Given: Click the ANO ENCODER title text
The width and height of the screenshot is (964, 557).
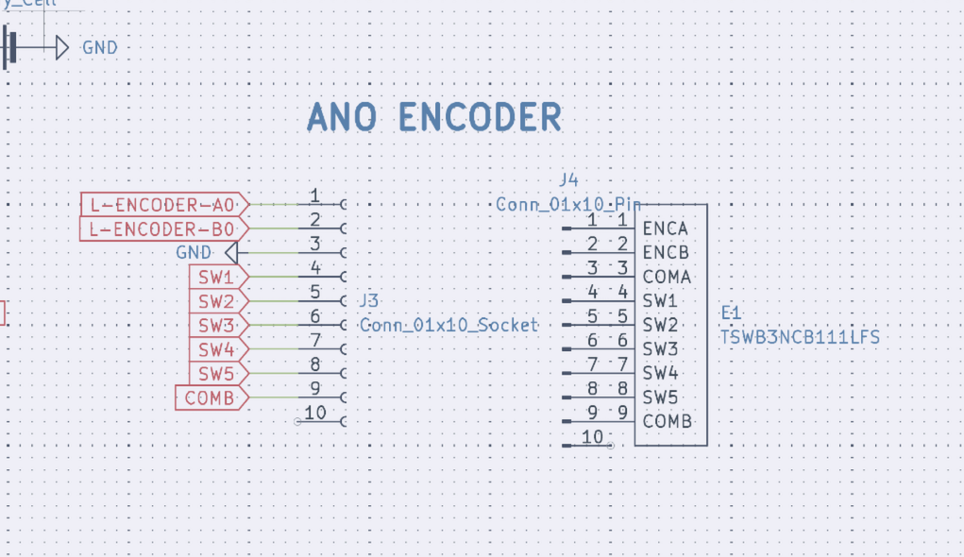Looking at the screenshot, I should point(434,118).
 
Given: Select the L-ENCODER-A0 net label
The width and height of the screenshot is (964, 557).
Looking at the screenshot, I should point(161,204).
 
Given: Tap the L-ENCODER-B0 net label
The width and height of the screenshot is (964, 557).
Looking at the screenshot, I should point(161,228).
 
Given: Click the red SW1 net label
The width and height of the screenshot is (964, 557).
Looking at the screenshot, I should point(216,278).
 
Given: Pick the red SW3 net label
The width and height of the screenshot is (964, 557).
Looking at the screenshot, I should point(216,326).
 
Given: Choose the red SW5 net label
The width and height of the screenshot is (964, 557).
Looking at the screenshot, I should point(216,374).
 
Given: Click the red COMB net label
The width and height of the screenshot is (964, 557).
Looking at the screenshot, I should point(210,397).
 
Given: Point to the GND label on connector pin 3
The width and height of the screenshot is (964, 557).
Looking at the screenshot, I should point(194,253).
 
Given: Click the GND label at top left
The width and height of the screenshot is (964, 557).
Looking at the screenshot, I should point(100,47).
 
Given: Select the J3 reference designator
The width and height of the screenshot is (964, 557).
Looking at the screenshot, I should point(369,300).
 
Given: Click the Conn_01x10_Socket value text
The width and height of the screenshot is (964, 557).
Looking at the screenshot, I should point(448,325).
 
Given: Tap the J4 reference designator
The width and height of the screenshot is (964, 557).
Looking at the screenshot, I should point(568,178).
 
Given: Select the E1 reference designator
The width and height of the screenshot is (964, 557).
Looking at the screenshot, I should point(731,312).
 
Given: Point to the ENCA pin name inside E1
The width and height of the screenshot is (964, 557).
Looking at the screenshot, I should point(665,228).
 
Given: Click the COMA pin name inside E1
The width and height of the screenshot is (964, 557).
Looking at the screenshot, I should point(667,278).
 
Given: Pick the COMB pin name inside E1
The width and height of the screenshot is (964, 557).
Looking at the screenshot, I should point(667,421).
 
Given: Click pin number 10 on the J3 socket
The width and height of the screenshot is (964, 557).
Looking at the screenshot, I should point(315,413).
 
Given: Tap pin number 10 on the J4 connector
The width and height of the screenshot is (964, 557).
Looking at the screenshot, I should point(593,436).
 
